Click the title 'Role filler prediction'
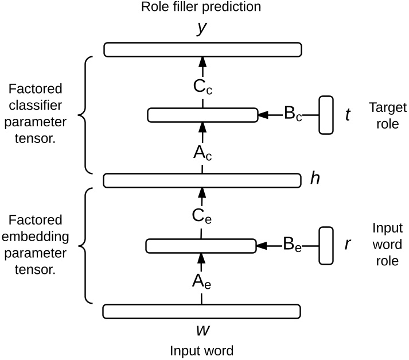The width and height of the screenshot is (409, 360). pyautogui.click(x=201, y=7)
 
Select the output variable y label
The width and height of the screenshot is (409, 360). pyautogui.click(x=201, y=29)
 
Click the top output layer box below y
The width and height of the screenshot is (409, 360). pyautogui.click(x=202, y=49)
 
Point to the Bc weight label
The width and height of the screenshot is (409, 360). pyautogui.click(x=293, y=114)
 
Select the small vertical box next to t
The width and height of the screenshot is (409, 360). pyautogui.click(x=326, y=115)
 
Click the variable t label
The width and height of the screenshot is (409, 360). pyautogui.click(x=348, y=115)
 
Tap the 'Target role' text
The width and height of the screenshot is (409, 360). pyautogui.click(x=387, y=115)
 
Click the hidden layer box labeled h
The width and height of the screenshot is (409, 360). pyautogui.click(x=202, y=180)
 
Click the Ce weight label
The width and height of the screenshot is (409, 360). pyautogui.click(x=202, y=216)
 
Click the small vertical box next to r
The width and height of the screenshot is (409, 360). pyautogui.click(x=326, y=246)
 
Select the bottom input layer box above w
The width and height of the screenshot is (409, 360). pyautogui.click(x=202, y=311)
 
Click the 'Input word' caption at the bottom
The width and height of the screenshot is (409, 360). pyautogui.click(x=201, y=350)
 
